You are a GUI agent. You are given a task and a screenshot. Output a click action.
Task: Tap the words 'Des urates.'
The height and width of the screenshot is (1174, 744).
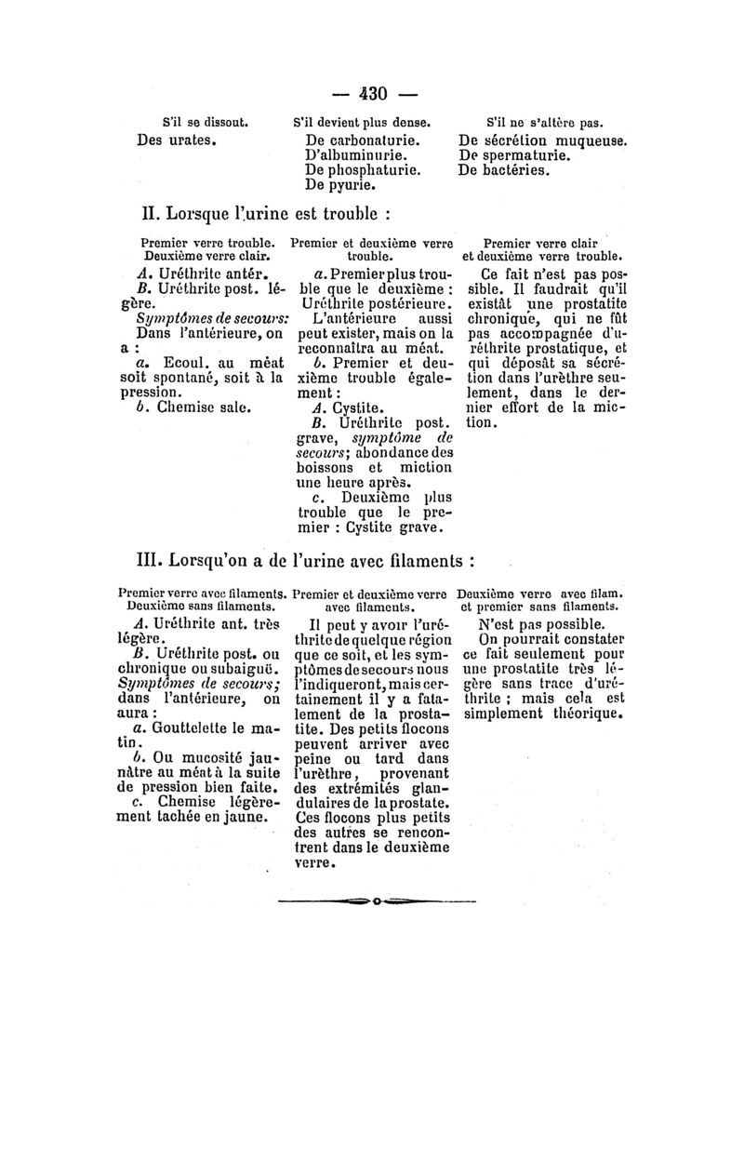177,141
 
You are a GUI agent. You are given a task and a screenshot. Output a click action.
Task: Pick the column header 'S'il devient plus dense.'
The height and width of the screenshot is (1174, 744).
362,122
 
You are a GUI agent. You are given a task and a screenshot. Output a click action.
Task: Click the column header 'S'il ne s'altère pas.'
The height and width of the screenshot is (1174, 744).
545,122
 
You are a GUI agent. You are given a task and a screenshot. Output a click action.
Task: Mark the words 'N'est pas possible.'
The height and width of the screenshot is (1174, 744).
541,625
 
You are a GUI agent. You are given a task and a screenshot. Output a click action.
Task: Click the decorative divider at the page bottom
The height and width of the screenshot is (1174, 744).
376,901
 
